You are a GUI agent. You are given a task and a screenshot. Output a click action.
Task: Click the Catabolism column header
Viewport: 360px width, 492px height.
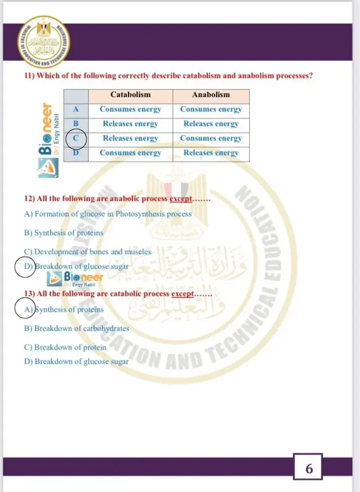130,95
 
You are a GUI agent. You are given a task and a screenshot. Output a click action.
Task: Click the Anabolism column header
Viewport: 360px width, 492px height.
211,95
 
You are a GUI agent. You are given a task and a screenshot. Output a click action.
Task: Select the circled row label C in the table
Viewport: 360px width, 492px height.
76,138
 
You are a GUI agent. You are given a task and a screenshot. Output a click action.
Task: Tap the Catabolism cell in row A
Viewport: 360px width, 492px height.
130,109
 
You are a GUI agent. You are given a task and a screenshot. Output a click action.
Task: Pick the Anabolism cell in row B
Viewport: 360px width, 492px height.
211,124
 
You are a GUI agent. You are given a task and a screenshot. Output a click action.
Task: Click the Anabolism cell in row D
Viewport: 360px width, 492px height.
211,153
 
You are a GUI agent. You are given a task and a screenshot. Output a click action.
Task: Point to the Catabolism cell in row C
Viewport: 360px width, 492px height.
130,138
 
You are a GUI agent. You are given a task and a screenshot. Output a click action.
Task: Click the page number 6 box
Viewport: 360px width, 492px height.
309,468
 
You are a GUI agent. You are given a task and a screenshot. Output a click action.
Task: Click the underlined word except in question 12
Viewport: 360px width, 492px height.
181,198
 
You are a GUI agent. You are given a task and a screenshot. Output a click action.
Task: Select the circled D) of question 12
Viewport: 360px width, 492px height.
26,266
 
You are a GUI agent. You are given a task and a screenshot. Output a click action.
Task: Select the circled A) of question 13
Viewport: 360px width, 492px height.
27,309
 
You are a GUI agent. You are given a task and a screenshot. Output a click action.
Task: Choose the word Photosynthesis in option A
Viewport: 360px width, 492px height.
140,214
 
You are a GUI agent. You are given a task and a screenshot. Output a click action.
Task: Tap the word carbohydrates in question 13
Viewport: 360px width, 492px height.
106,329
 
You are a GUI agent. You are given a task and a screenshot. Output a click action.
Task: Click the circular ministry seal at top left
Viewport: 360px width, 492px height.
44,42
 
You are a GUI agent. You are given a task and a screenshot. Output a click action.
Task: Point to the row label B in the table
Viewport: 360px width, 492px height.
76,124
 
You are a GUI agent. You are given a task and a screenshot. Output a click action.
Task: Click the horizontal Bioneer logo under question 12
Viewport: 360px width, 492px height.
75,278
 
